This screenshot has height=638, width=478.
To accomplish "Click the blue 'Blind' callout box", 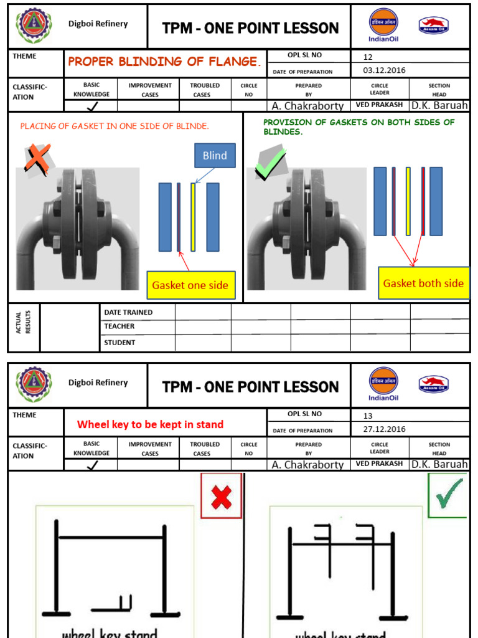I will tap(214, 156).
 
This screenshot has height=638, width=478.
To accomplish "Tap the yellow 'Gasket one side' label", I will tap(190, 286).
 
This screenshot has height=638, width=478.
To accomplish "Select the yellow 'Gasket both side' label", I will tap(423, 283).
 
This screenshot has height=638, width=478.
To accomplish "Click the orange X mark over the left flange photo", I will tap(38, 157).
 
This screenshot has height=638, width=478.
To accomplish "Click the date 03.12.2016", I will tap(384, 70).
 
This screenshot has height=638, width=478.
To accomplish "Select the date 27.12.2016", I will tap(384, 429).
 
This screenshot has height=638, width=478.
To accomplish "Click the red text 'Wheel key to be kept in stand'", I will tap(150, 424).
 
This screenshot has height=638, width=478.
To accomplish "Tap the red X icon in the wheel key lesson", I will tap(221, 496).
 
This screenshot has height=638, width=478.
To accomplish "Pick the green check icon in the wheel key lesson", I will tap(448, 495).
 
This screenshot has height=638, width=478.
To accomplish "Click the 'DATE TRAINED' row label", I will tap(128, 312).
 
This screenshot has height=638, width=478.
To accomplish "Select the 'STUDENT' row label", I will tap(119, 342).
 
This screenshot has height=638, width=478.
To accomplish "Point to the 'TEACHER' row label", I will tap(119, 326).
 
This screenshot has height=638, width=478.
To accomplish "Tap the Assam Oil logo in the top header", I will tap(434, 26).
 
